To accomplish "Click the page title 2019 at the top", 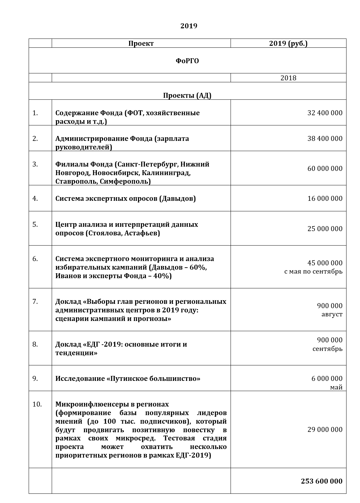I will pos(188,26).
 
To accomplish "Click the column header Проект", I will pos(141,43).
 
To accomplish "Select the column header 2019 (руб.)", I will pos(288,43).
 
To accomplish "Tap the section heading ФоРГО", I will pos(187,61).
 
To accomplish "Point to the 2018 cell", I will pos(288,78).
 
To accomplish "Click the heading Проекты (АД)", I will pos(187,95).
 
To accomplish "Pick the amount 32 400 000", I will pos(325,113).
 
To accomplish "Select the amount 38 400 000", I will pos(325,139).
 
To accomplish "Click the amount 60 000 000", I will pos(325,169).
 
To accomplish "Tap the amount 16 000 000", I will pos(325,199).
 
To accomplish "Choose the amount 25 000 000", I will pos(325,229).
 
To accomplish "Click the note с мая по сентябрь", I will pos(313,272).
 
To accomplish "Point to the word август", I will pos(332,314).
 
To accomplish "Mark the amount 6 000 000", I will pos(327,379).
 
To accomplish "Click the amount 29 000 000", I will pos(325,430).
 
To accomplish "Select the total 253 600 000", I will pos(321,481).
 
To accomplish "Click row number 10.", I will pos(37,404).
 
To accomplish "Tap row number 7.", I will pos(35,302).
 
